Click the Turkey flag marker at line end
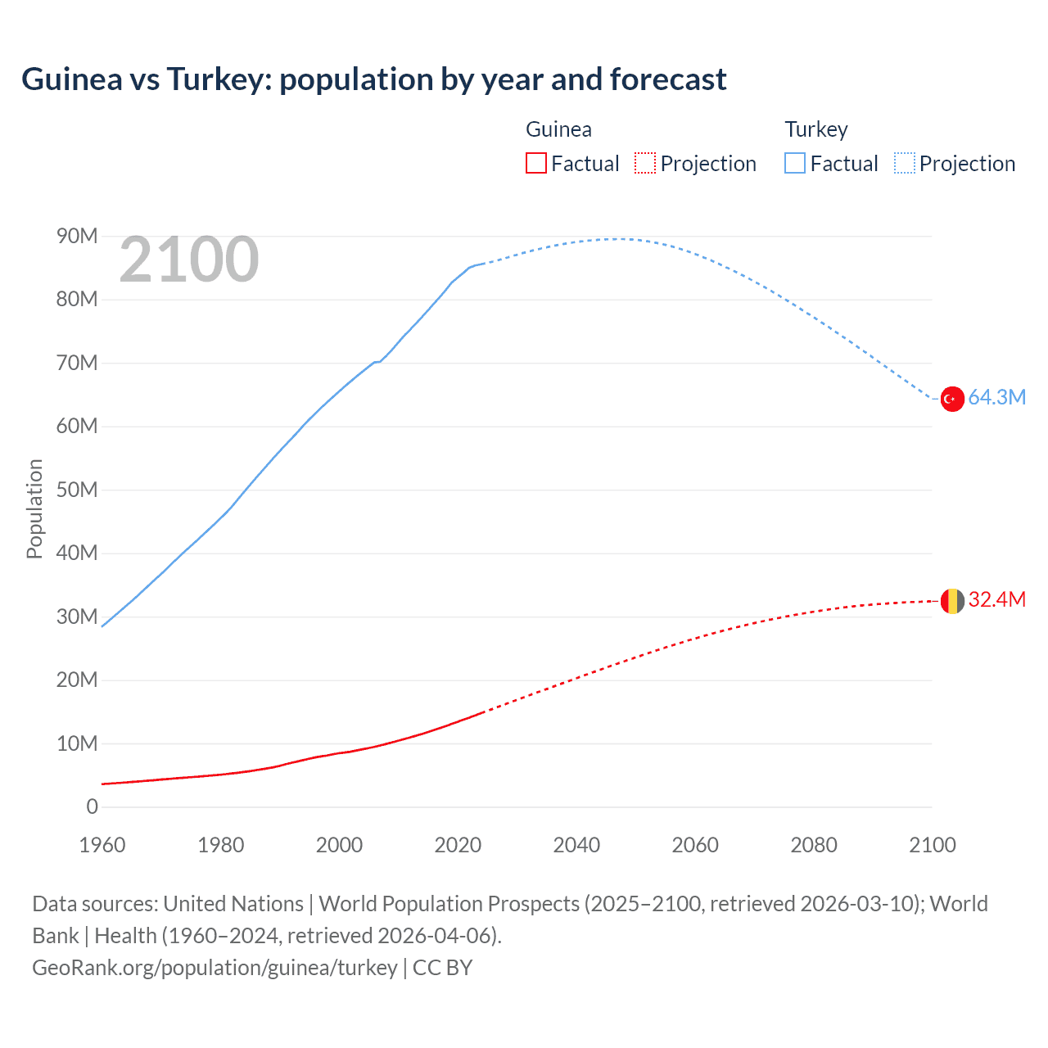pyautogui.click(x=951, y=399)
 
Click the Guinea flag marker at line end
pyautogui.click(x=951, y=601)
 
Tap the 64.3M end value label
pyautogui.click(x=996, y=398)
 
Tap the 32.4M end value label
pyautogui.click(x=996, y=600)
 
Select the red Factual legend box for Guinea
pyautogui.click(x=535, y=164)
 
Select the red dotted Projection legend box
pyautogui.click(x=645, y=164)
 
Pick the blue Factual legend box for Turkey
pyautogui.click(x=794, y=164)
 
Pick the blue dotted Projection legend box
pyautogui.click(x=905, y=164)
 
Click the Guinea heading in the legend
pyautogui.click(x=558, y=129)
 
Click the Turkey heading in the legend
pyautogui.click(x=816, y=129)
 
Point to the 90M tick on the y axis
pyautogui.click(x=77, y=237)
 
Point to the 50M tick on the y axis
pyautogui.click(x=77, y=490)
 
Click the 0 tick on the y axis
pyautogui.click(x=92, y=807)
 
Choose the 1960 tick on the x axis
pyautogui.click(x=102, y=845)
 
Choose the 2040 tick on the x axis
pyautogui.click(x=576, y=845)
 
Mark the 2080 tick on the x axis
pyautogui.click(x=814, y=845)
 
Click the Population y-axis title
pyautogui.click(x=34, y=508)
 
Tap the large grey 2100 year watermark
pyautogui.click(x=189, y=260)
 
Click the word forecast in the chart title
pyautogui.click(x=668, y=79)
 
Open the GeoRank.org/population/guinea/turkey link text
pyautogui.click(x=215, y=968)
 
